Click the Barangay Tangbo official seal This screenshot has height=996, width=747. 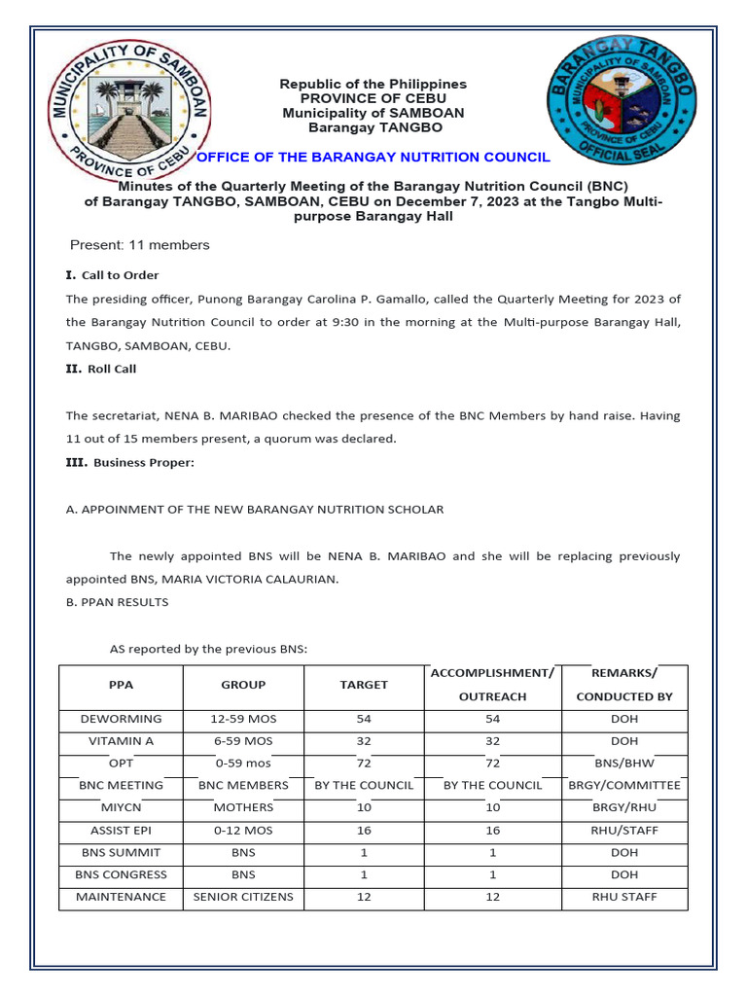click(x=622, y=104)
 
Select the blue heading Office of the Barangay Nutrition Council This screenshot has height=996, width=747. click(x=373, y=158)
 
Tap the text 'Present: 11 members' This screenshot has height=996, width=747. click(x=139, y=245)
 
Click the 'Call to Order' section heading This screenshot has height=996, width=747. click(x=120, y=275)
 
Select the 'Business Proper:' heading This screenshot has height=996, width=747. click(x=143, y=463)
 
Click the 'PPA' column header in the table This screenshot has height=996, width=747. click(x=121, y=685)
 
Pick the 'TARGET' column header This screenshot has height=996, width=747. click(x=364, y=685)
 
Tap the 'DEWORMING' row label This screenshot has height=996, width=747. click(x=121, y=719)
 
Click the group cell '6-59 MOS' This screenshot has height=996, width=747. click(x=243, y=741)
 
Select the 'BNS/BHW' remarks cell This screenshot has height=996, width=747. click(x=624, y=764)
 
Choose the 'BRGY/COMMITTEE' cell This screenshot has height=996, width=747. click(x=624, y=785)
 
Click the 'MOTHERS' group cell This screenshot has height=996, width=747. click(x=243, y=807)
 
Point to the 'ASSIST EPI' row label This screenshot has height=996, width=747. click(x=121, y=830)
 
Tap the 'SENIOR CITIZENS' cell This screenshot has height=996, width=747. click(x=243, y=897)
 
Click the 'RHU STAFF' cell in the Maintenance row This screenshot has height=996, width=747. click(x=624, y=897)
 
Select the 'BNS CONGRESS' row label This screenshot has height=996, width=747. click(x=121, y=874)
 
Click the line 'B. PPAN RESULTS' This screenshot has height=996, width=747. click(x=117, y=602)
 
